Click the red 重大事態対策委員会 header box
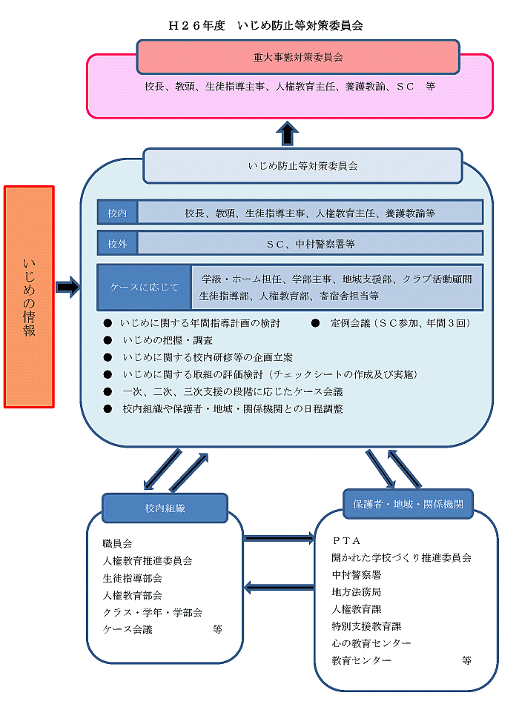pos(298,56)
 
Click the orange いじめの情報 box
pos(29,296)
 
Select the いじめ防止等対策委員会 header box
pos(303,166)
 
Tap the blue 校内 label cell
pos(117,213)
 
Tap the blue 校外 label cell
pos(117,243)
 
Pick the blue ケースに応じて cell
pos(144,288)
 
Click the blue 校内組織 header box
pos(165,508)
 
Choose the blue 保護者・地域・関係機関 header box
pos(408,504)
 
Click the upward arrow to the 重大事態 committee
pos(287,133)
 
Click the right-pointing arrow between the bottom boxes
pos(279,537)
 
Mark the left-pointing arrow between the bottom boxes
pos(279,588)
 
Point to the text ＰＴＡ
pos(346,541)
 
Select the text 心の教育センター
pos(371,643)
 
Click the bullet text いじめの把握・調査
pos(167,340)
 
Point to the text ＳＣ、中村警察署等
pos(310,243)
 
